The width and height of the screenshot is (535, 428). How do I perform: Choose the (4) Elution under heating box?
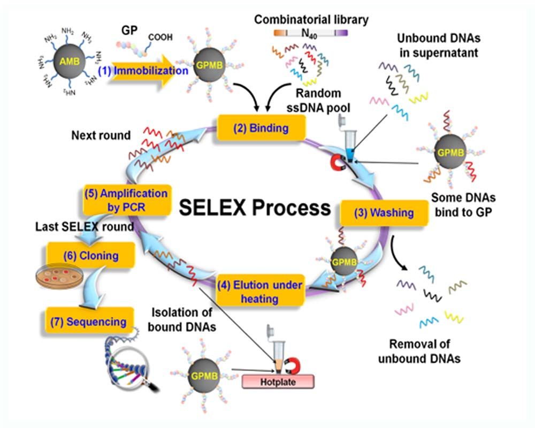pos(259,289)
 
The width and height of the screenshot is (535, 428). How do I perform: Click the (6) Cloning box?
pos(91,256)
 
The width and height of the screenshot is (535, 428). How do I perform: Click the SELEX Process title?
pos(255,208)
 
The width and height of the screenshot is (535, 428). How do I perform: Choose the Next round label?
pos(101,135)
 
